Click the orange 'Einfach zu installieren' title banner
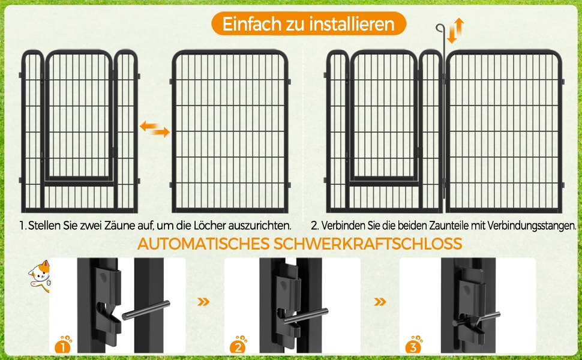click(x=308, y=24)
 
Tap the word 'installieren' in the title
click(x=352, y=24)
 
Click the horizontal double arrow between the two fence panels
click(x=155, y=129)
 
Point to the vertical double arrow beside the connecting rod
click(x=455, y=31)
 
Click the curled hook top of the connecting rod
click(x=440, y=28)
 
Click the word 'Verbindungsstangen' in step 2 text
click(x=532, y=225)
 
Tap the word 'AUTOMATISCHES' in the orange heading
click(x=203, y=244)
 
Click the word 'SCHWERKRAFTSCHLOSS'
click(x=367, y=244)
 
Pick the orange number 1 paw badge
click(x=63, y=345)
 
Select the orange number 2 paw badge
click(x=238, y=345)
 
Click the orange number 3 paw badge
click(x=413, y=345)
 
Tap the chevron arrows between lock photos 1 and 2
click(x=203, y=302)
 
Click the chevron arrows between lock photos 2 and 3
click(x=380, y=302)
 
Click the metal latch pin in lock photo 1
click(x=146, y=310)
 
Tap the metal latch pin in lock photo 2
click(x=306, y=316)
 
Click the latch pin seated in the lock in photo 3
click(x=476, y=319)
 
